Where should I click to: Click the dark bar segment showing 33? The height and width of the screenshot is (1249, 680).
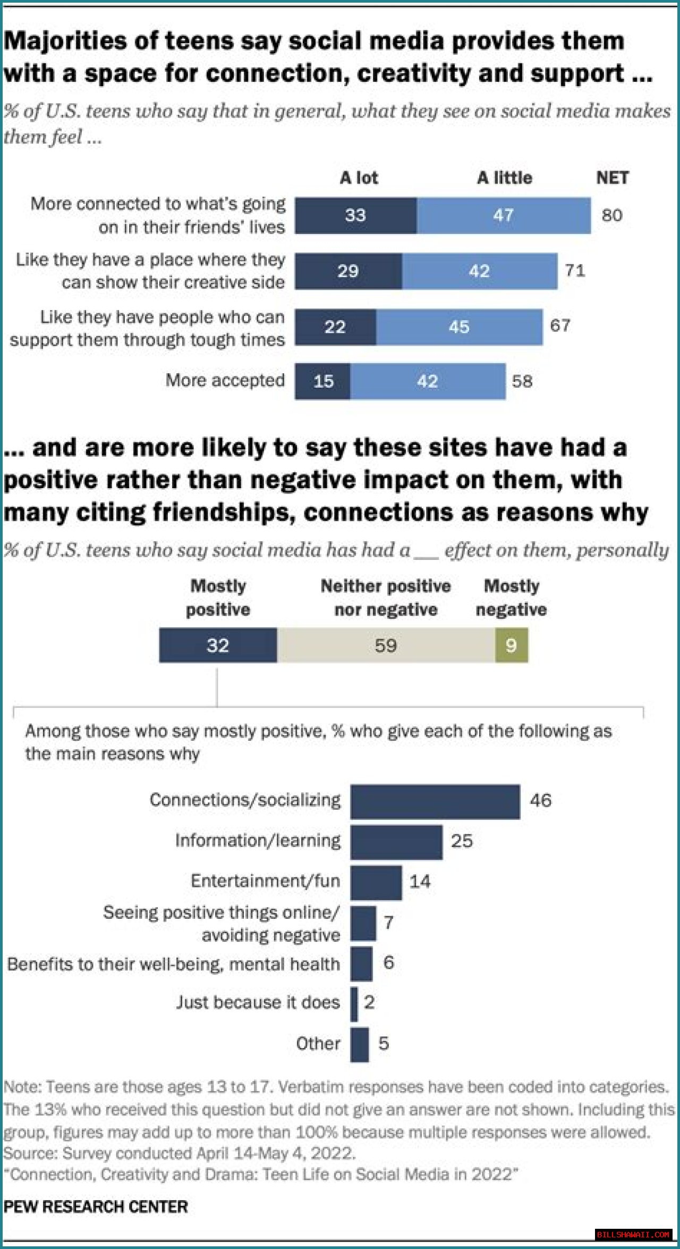click(x=355, y=215)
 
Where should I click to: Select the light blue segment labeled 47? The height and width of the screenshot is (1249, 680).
click(x=503, y=215)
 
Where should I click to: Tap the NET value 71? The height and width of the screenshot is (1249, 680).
click(x=575, y=271)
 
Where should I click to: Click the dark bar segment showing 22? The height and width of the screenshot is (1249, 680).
click(x=335, y=326)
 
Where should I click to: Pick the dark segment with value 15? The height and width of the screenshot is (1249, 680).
click(x=323, y=381)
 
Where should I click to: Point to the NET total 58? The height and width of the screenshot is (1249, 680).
click(x=522, y=381)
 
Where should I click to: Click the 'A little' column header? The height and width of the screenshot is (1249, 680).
click(x=504, y=178)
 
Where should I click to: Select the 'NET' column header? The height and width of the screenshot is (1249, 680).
click(x=612, y=178)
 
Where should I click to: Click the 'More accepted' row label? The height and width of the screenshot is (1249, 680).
click(x=225, y=380)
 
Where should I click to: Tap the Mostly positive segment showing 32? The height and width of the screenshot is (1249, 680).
click(x=218, y=645)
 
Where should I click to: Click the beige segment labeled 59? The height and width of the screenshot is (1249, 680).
click(x=386, y=645)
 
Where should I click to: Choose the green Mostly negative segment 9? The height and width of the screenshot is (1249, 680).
click(x=511, y=645)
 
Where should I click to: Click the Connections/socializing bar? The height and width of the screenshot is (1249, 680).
click(x=435, y=801)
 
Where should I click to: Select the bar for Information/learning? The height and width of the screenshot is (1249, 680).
click(x=396, y=842)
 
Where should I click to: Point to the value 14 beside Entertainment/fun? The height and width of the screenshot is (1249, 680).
click(x=420, y=882)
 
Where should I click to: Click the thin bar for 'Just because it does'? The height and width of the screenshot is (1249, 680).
click(x=354, y=1003)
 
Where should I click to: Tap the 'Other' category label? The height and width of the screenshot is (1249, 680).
click(x=318, y=1043)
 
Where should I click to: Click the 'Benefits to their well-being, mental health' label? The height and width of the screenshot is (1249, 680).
click(x=173, y=964)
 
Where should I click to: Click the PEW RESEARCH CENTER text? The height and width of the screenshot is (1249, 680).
click(x=96, y=1206)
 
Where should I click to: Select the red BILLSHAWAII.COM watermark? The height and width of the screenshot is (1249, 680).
click(x=633, y=1234)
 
